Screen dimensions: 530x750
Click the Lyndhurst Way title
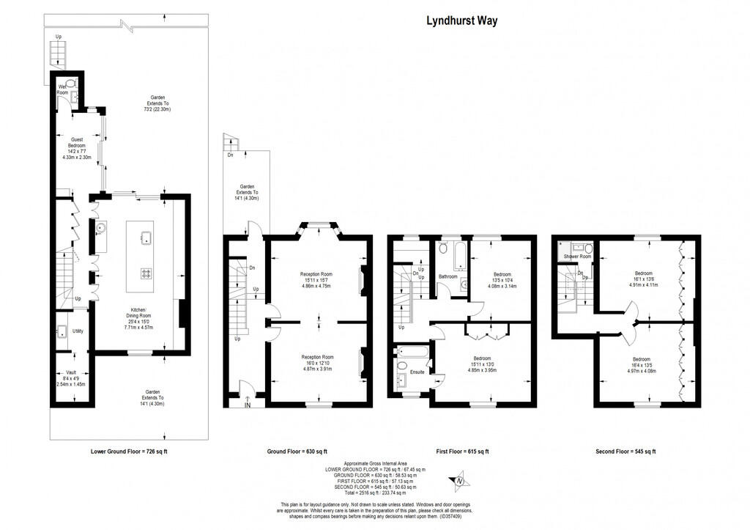461,21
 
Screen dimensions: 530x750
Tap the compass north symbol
458,482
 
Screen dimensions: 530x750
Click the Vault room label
70,372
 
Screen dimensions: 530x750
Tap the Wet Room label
63,90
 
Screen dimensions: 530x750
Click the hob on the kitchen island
146,273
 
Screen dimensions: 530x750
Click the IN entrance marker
248,405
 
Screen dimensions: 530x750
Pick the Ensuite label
417,372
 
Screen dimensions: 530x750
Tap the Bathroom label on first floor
448,276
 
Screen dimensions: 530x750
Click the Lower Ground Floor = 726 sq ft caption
134,452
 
